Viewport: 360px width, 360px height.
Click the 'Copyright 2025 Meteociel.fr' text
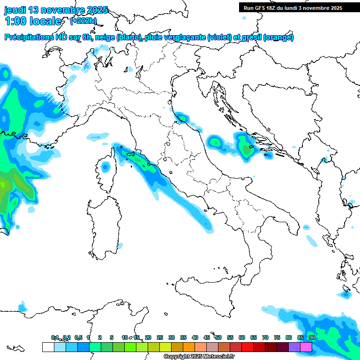pyautogui.click(x=199, y=356)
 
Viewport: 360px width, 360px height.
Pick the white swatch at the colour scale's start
pyautogui.click(x=48, y=347)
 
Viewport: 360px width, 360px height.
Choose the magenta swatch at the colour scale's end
pyautogui.click(x=306, y=347)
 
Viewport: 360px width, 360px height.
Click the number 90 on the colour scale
pyautogui.click(x=312, y=337)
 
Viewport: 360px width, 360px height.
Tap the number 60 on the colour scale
pyautogui.click(x=242, y=337)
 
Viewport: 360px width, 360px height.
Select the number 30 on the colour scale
pyautogui.click(x=172, y=337)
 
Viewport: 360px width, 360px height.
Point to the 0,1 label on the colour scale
pyautogui.click(x=55, y=337)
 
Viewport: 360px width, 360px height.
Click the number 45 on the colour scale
pyautogui.click(x=207, y=337)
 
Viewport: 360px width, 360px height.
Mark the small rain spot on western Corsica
pyautogui.click(x=105, y=166)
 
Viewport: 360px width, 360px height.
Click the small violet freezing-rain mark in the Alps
pyautogui.click(x=85, y=63)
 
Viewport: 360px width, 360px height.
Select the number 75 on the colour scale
pyautogui.click(x=277, y=337)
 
